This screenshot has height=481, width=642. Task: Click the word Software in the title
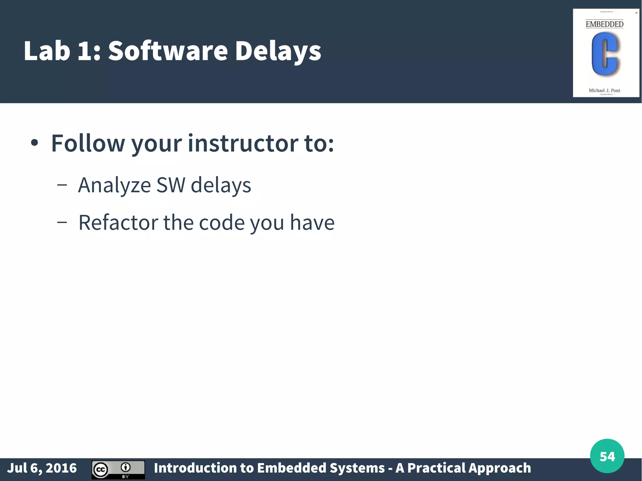coord(168,51)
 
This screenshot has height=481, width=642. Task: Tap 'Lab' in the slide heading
coord(47,51)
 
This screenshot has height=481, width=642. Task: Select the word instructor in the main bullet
coord(243,143)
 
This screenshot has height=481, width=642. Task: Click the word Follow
coord(88,143)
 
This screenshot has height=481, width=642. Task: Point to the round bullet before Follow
coord(34,143)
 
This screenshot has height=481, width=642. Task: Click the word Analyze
coord(114,185)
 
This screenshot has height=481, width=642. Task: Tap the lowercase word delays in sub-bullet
coord(221,186)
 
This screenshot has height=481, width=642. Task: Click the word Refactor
coord(118,222)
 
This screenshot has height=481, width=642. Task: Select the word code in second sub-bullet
coord(222,222)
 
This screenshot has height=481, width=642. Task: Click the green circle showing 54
coord(607,456)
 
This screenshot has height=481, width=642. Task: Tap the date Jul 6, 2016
coord(42,468)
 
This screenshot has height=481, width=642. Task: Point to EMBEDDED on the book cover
coord(604,24)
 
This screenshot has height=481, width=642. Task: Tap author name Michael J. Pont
coord(604,91)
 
